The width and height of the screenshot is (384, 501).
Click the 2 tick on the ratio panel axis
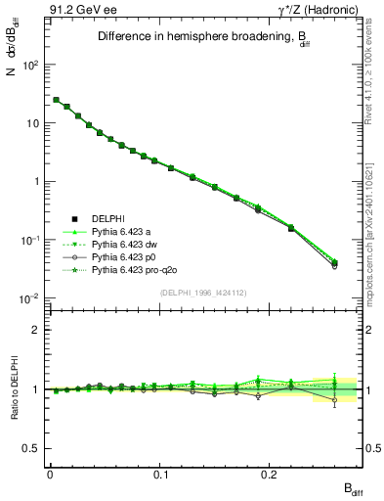[35, 330]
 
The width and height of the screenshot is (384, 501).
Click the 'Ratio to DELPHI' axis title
[13, 389]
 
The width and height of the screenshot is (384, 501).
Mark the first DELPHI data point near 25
[56, 100]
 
